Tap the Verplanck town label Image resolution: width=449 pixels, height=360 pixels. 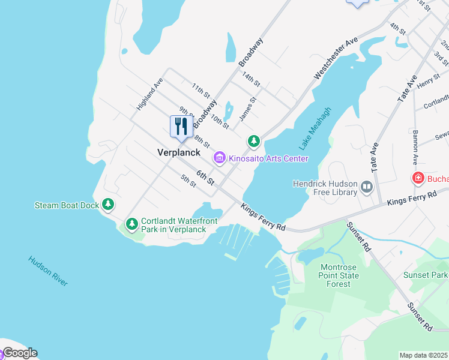(x=178, y=152)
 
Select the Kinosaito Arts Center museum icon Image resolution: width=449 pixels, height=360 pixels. (x=220, y=158)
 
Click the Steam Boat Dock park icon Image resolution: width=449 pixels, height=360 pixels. (x=108, y=205)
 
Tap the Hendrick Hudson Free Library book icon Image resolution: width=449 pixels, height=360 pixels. (x=366, y=188)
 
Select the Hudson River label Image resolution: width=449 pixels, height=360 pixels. (x=47, y=271)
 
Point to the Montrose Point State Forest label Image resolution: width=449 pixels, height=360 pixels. (x=340, y=275)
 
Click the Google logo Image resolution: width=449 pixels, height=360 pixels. (x=19, y=353)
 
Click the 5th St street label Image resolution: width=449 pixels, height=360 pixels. (x=188, y=181)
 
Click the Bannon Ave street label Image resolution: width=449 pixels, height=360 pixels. (x=414, y=146)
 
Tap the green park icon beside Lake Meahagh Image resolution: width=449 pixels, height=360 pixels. (x=254, y=142)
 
